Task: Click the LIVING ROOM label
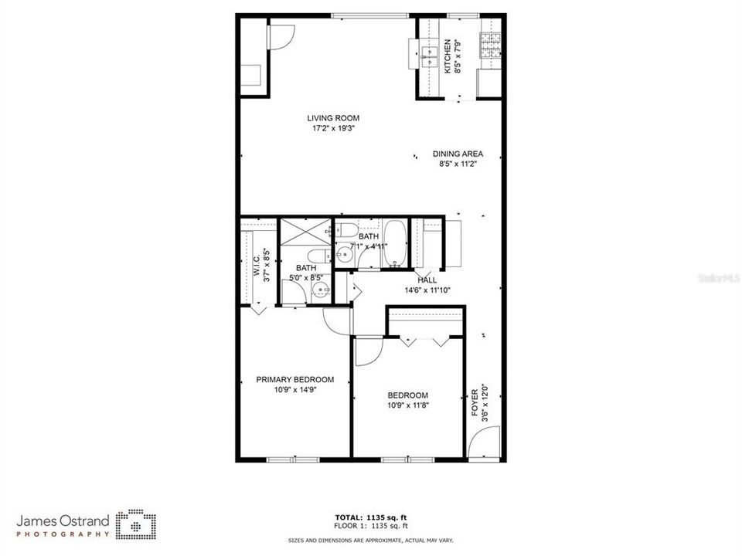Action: (333, 118)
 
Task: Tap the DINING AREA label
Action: (458, 154)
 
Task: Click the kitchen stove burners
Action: (490, 46)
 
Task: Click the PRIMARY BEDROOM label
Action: (294, 379)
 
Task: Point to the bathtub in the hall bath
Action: (394, 242)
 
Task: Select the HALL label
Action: (427, 280)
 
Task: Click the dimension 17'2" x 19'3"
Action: (333, 128)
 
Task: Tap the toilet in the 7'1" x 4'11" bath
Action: (345, 230)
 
